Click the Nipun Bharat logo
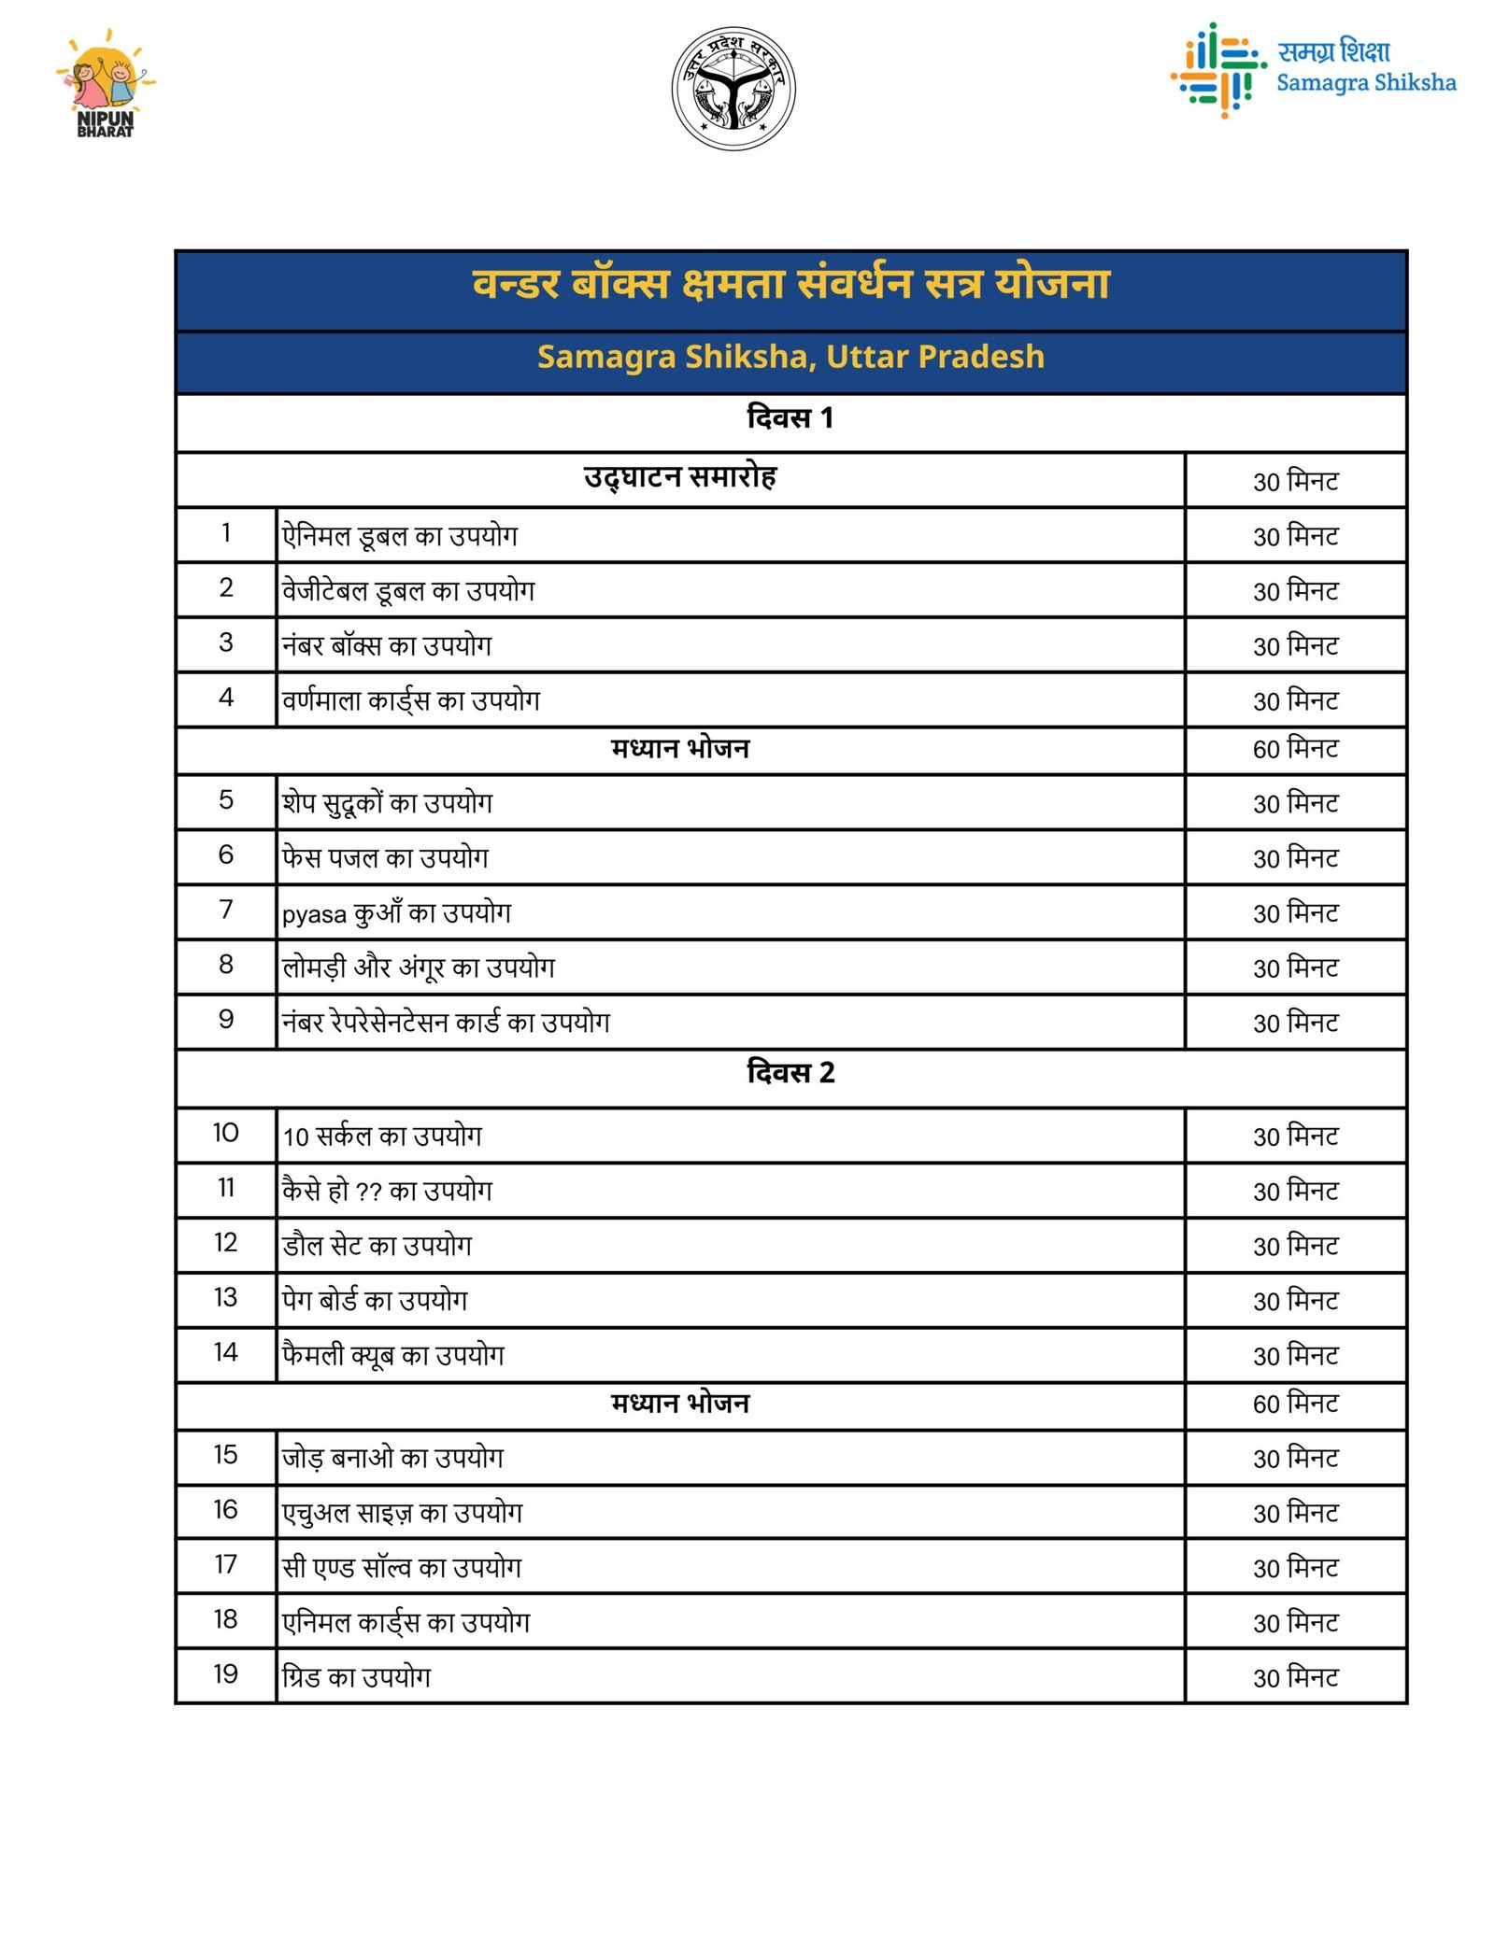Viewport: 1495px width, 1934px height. [106, 87]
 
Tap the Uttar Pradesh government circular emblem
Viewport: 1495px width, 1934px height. [733, 89]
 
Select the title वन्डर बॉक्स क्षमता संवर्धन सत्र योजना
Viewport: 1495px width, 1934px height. [790, 284]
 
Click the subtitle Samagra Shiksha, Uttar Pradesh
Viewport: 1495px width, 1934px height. [790, 357]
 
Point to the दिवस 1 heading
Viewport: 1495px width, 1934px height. [790, 417]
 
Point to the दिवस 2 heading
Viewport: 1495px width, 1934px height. [790, 1072]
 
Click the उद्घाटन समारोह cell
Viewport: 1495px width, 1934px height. [679, 477]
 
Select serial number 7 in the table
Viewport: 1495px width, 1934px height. [226, 910]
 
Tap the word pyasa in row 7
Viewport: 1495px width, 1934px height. [314, 914]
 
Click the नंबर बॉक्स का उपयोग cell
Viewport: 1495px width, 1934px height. [387, 645]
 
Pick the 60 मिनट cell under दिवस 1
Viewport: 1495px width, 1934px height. [1295, 749]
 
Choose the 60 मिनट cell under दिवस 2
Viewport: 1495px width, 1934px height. [1295, 1404]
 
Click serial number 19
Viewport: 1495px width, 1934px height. [226, 1674]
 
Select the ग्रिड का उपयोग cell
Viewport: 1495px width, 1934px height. [357, 1677]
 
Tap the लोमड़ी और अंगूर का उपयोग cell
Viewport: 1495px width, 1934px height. [419, 967]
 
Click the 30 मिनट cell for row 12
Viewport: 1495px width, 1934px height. [1295, 1247]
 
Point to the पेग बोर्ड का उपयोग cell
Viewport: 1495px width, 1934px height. [375, 1300]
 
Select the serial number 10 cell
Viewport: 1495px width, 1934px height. [226, 1133]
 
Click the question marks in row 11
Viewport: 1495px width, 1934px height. [369, 1193]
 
